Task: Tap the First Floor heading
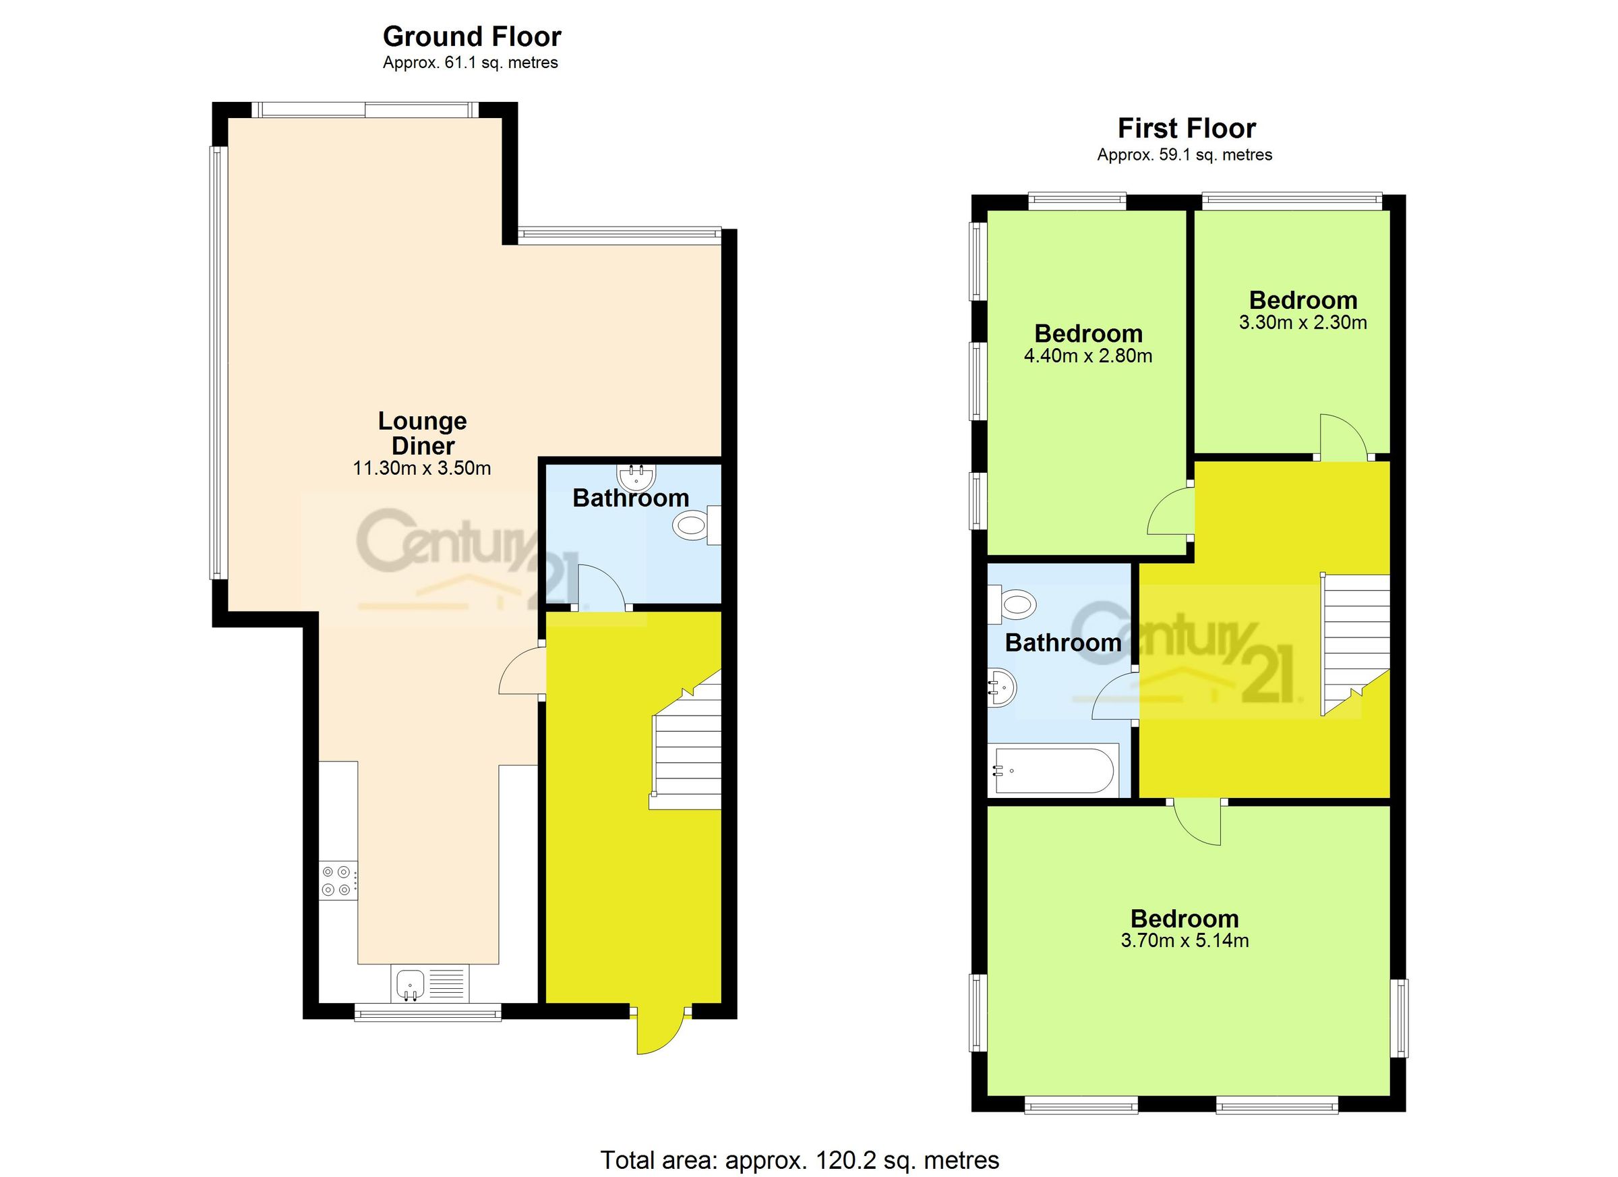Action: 1186,128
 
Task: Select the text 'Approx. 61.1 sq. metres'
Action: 470,63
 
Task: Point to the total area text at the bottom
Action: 799,1160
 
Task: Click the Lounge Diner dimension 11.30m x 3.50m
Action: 421,469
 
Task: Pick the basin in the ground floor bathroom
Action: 636,476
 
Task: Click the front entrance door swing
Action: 660,1030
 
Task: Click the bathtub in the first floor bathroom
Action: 1053,770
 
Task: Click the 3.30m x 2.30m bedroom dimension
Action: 1302,322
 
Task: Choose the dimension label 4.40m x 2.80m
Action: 1088,356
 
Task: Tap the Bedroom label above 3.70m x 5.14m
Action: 1185,919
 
